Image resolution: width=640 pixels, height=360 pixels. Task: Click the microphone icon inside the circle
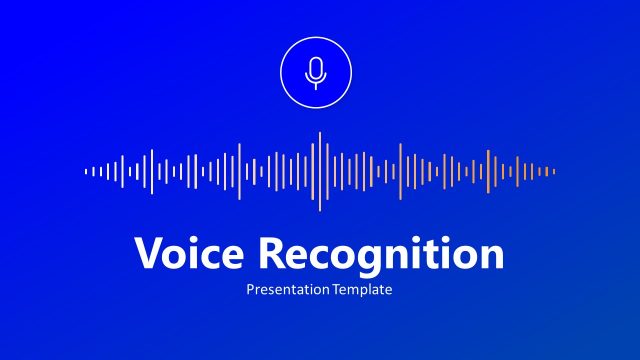[316, 72]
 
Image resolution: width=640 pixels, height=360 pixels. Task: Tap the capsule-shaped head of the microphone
[316, 68]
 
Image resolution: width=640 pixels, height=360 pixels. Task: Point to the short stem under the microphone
[316, 84]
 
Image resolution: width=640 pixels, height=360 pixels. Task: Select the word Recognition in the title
[381, 255]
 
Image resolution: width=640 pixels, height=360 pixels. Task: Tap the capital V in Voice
[147, 254]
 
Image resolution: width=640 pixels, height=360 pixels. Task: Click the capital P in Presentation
[250, 290]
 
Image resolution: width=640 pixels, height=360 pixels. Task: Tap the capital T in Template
[337, 290]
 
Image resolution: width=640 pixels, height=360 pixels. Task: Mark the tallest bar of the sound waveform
[320, 171]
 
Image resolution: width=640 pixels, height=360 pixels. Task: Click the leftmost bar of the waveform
[86, 171]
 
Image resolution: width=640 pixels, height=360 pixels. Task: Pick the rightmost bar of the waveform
[554, 171]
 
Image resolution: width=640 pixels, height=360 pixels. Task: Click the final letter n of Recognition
[492, 257]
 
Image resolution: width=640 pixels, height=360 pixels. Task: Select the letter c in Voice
[212, 257]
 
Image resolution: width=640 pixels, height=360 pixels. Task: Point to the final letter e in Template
[388, 291]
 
